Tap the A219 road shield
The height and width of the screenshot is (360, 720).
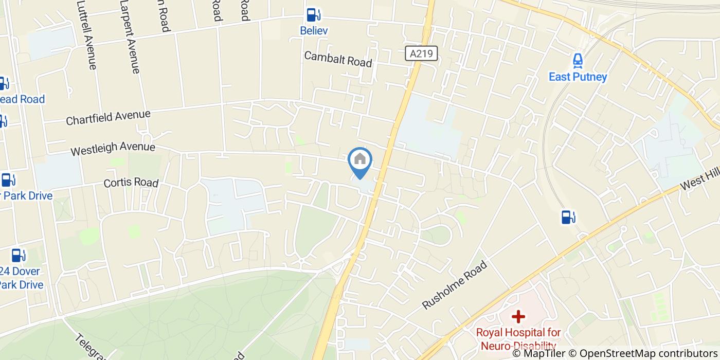click(421, 53)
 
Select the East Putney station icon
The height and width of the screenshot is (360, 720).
click(578, 61)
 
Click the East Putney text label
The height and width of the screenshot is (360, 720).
click(578, 77)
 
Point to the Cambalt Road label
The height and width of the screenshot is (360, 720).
click(338, 59)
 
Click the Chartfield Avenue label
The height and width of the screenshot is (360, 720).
click(108, 117)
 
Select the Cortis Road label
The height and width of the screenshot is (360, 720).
click(131, 183)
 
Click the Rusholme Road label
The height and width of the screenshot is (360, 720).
click(454, 285)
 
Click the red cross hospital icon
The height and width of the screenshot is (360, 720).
click(518, 316)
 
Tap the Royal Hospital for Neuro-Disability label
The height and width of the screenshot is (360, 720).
click(518, 339)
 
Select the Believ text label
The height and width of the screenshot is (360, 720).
click(314, 31)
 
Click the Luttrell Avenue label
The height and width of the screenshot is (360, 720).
click(86, 34)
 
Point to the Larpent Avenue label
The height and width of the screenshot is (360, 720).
click(130, 37)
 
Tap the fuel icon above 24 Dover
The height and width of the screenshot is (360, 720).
click(19, 255)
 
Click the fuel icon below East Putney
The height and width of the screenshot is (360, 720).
click(568, 217)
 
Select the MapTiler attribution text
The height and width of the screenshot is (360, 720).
click(544, 353)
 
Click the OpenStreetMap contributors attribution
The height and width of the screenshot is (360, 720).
click(649, 353)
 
